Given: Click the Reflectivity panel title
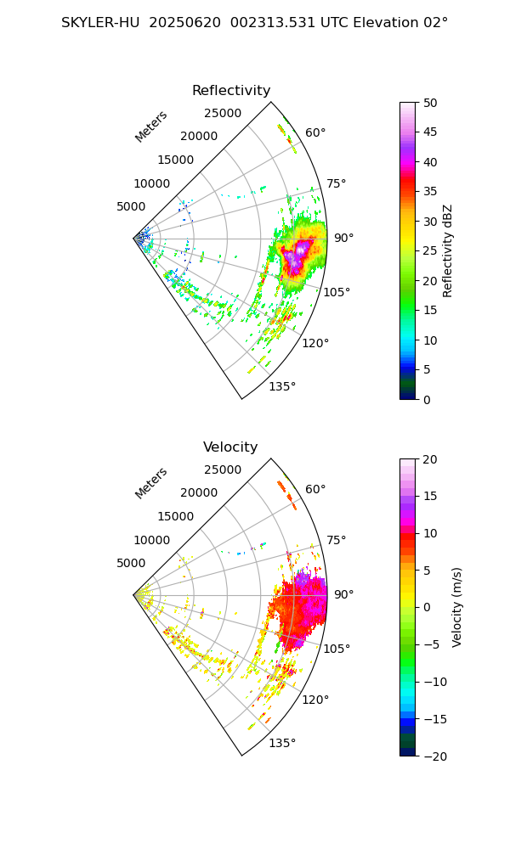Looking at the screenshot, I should pyautogui.click(x=231, y=91).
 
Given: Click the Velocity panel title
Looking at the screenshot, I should pyautogui.click(x=230, y=447).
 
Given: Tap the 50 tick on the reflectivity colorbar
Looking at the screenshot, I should pyautogui.click(x=431, y=103).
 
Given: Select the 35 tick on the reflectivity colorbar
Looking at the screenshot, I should pyautogui.click(x=431, y=192).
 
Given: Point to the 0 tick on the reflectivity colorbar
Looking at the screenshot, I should pyautogui.click(x=429, y=399).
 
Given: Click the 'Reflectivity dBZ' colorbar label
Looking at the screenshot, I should pyautogui.click(x=448, y=250).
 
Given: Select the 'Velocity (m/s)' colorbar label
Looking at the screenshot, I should pyautogui.click(x=456, y=607).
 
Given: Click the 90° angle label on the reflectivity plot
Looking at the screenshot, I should pyautogui.click(x=343, y=239).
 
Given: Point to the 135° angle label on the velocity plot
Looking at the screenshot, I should pyautogui.click(x=282, y=744).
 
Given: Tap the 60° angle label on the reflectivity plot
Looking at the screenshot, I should pyautogui.click(x=315, y=132).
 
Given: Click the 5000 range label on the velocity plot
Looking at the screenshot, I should pyautogui.click(x=131, y=563).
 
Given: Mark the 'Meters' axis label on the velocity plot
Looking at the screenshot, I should pyautogui.click(x=151, y=483).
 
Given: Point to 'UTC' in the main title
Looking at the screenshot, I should pyautogui.click(x=335, y=23).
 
